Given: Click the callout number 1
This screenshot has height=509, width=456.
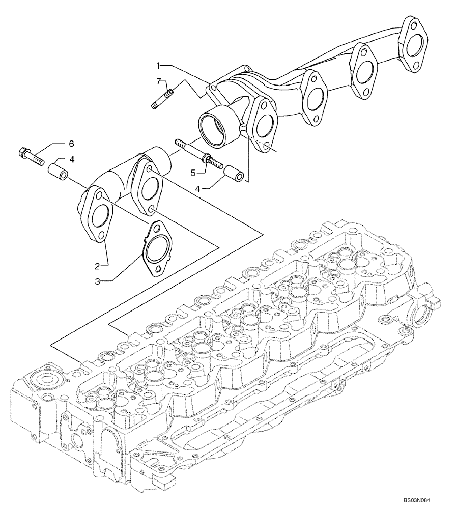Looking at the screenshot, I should point(159,65).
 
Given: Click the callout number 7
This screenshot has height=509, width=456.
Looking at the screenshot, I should point(159,81).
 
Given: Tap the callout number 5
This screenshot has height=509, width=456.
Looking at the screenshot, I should point(193,173).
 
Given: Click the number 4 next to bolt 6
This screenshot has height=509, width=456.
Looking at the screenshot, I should point(72,159).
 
